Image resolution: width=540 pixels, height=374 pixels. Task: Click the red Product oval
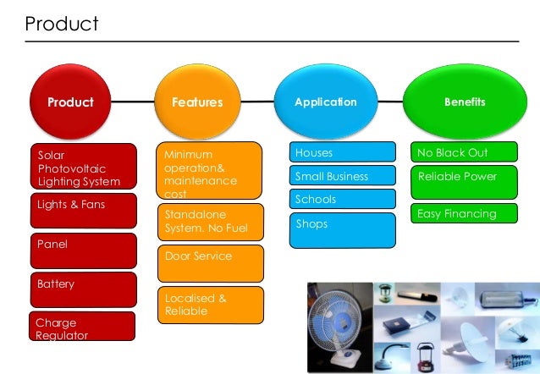[x=71, y=102]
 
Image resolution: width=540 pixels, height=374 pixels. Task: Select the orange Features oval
[x=196, y=102]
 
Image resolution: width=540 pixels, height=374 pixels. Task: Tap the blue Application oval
[x=326, y=102]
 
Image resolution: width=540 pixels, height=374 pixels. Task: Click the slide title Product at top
[x=62, y=24]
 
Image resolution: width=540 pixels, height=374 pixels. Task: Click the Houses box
[x=343, y=153]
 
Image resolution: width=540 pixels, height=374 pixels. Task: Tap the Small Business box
[x=343, y=176]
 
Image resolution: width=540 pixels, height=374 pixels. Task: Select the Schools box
[x=343, y=199]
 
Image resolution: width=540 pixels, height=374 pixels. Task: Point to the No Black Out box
[x=465, y=153]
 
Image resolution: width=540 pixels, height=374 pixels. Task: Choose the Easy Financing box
[x=465, y=214]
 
